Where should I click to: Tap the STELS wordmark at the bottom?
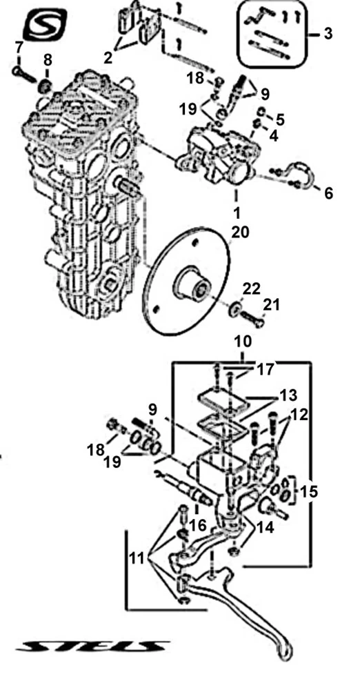91,647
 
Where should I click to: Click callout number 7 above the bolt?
18,47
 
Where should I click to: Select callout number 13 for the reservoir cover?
288,395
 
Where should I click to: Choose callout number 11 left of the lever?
138,558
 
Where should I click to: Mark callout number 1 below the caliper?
237,213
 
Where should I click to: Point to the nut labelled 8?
46,87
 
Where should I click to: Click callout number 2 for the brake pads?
108,57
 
